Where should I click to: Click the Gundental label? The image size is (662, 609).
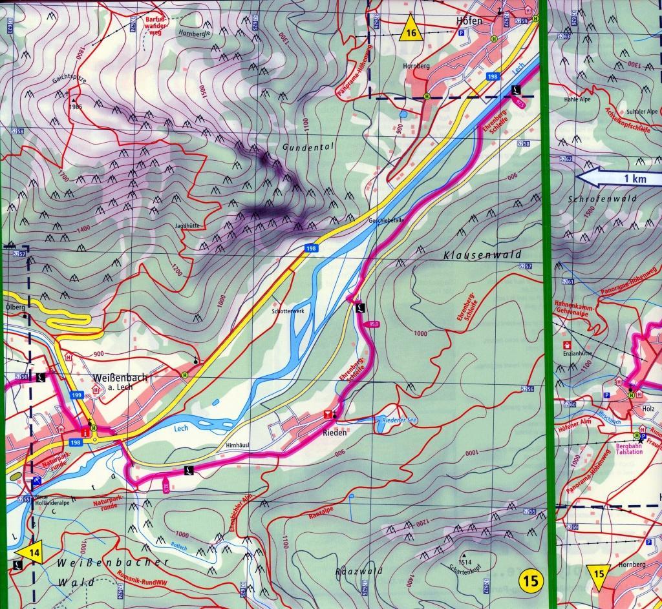click(308, 147)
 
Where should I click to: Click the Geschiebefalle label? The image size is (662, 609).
click(387, 220)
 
